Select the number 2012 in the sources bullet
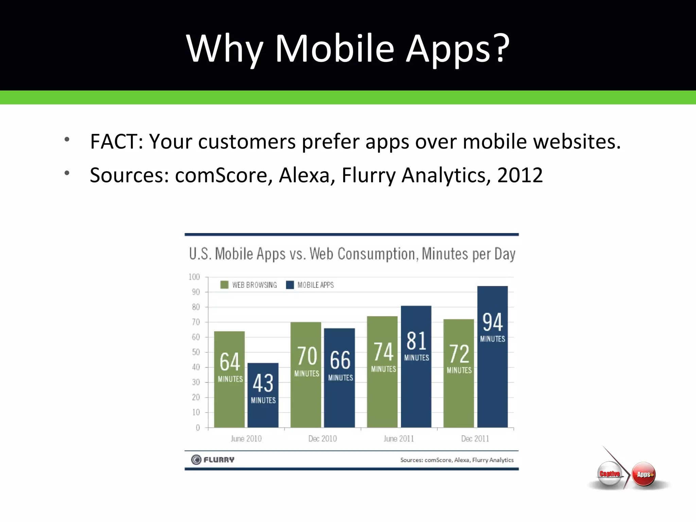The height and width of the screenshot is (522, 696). pyautogui.click(x=520, y=175)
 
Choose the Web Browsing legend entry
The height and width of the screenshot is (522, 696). pyautogui.click(x=249, y=285)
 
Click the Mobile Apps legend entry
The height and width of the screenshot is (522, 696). pyautogui.click(x=310, y=285)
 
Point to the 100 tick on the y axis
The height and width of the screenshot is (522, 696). pyautogui.click(x=194, y=277)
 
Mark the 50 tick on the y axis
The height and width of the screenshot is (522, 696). pyautogui.click(x=196, y=352)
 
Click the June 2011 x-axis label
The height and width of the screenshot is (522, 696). pyautogui.click(x=399, y=439)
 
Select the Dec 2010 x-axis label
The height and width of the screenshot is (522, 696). pyautogui.click(x=323, y=439)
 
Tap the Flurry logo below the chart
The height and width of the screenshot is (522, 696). pyautogui.click(x=213, y=460)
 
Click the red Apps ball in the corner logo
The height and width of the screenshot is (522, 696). pyautogui.click(x=644, y=474)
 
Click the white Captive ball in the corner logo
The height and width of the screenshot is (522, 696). pyautogui.click(x=610, y=474)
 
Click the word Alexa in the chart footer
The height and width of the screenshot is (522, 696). pyautogui.click(x=462, y=460)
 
